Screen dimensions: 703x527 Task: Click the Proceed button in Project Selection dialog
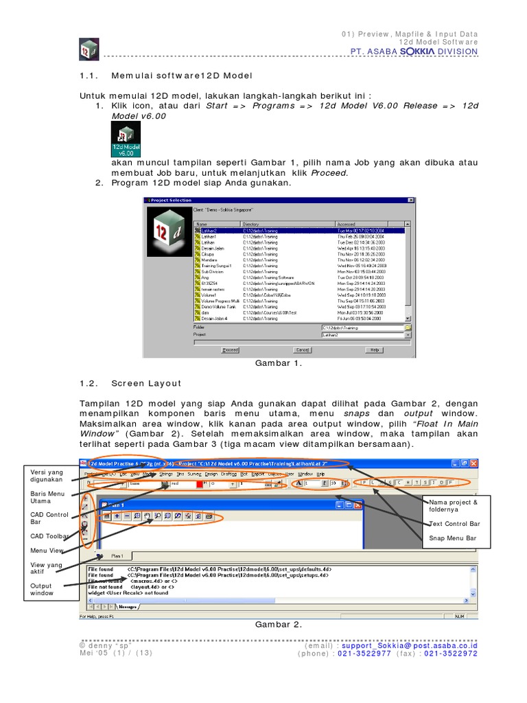point(230,349)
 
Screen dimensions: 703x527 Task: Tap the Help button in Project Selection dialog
point(375,349)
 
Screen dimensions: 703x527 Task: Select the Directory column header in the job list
point(251,224)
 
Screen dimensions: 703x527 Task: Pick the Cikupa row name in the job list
point(207,253)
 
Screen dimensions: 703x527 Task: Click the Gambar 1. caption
point(279,364)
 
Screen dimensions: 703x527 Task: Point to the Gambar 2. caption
point(279,624)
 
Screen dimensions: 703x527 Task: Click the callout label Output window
point(42,588)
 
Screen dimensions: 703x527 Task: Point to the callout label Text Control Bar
point(455,523)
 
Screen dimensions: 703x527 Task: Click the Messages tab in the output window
point(128,606)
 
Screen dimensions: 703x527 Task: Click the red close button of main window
point(473,464)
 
